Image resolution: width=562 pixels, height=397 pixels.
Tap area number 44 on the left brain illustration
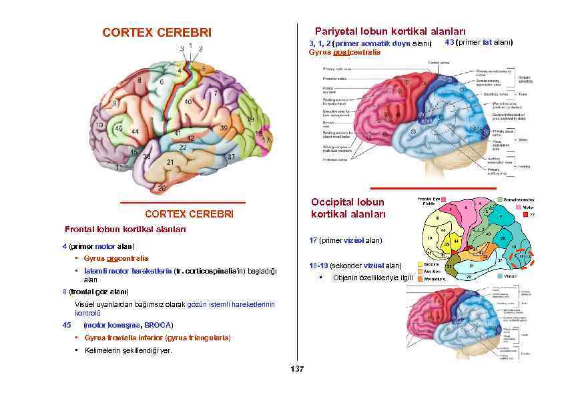[x=135, y=131]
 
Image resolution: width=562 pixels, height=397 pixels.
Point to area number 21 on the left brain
[x=170, y=161]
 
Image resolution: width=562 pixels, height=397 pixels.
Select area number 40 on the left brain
[x=188, y=102]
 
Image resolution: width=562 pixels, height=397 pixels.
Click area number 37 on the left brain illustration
[x=231, y=156]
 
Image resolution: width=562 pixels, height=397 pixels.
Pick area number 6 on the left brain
[x=162, y=81]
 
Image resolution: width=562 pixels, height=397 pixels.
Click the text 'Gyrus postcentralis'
[x=344, y=52]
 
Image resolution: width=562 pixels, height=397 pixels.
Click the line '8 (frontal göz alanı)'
[x=95, y=292]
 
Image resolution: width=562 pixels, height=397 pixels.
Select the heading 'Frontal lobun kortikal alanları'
[x=125, y=229]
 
